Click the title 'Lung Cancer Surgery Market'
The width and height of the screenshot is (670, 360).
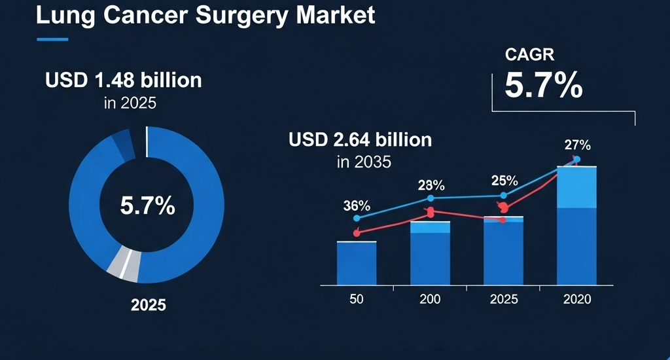[205, 15]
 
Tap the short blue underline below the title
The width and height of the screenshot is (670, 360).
[52, 39]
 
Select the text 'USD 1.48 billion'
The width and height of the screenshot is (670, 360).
[124, 81]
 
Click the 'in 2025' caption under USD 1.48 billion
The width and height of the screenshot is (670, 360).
[130, 103]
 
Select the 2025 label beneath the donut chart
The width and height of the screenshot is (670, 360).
[148, 305]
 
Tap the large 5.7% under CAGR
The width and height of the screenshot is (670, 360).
[543, 86]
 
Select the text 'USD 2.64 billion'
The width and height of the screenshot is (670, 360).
[360, 139]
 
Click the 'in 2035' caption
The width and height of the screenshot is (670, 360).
[364, 162]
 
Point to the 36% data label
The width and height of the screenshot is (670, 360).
[356, 206]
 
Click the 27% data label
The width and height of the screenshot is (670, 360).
[578, 145]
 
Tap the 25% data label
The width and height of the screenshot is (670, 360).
[504, 181]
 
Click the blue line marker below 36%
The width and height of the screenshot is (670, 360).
[357, 218]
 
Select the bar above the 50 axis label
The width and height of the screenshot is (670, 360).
[357, 263]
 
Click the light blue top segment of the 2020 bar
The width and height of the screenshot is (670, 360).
[576, 188]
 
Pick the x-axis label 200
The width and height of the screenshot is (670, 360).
[430, 299]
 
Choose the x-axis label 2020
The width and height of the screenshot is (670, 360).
[576, 299]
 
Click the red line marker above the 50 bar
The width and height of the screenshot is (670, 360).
[357, 232]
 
